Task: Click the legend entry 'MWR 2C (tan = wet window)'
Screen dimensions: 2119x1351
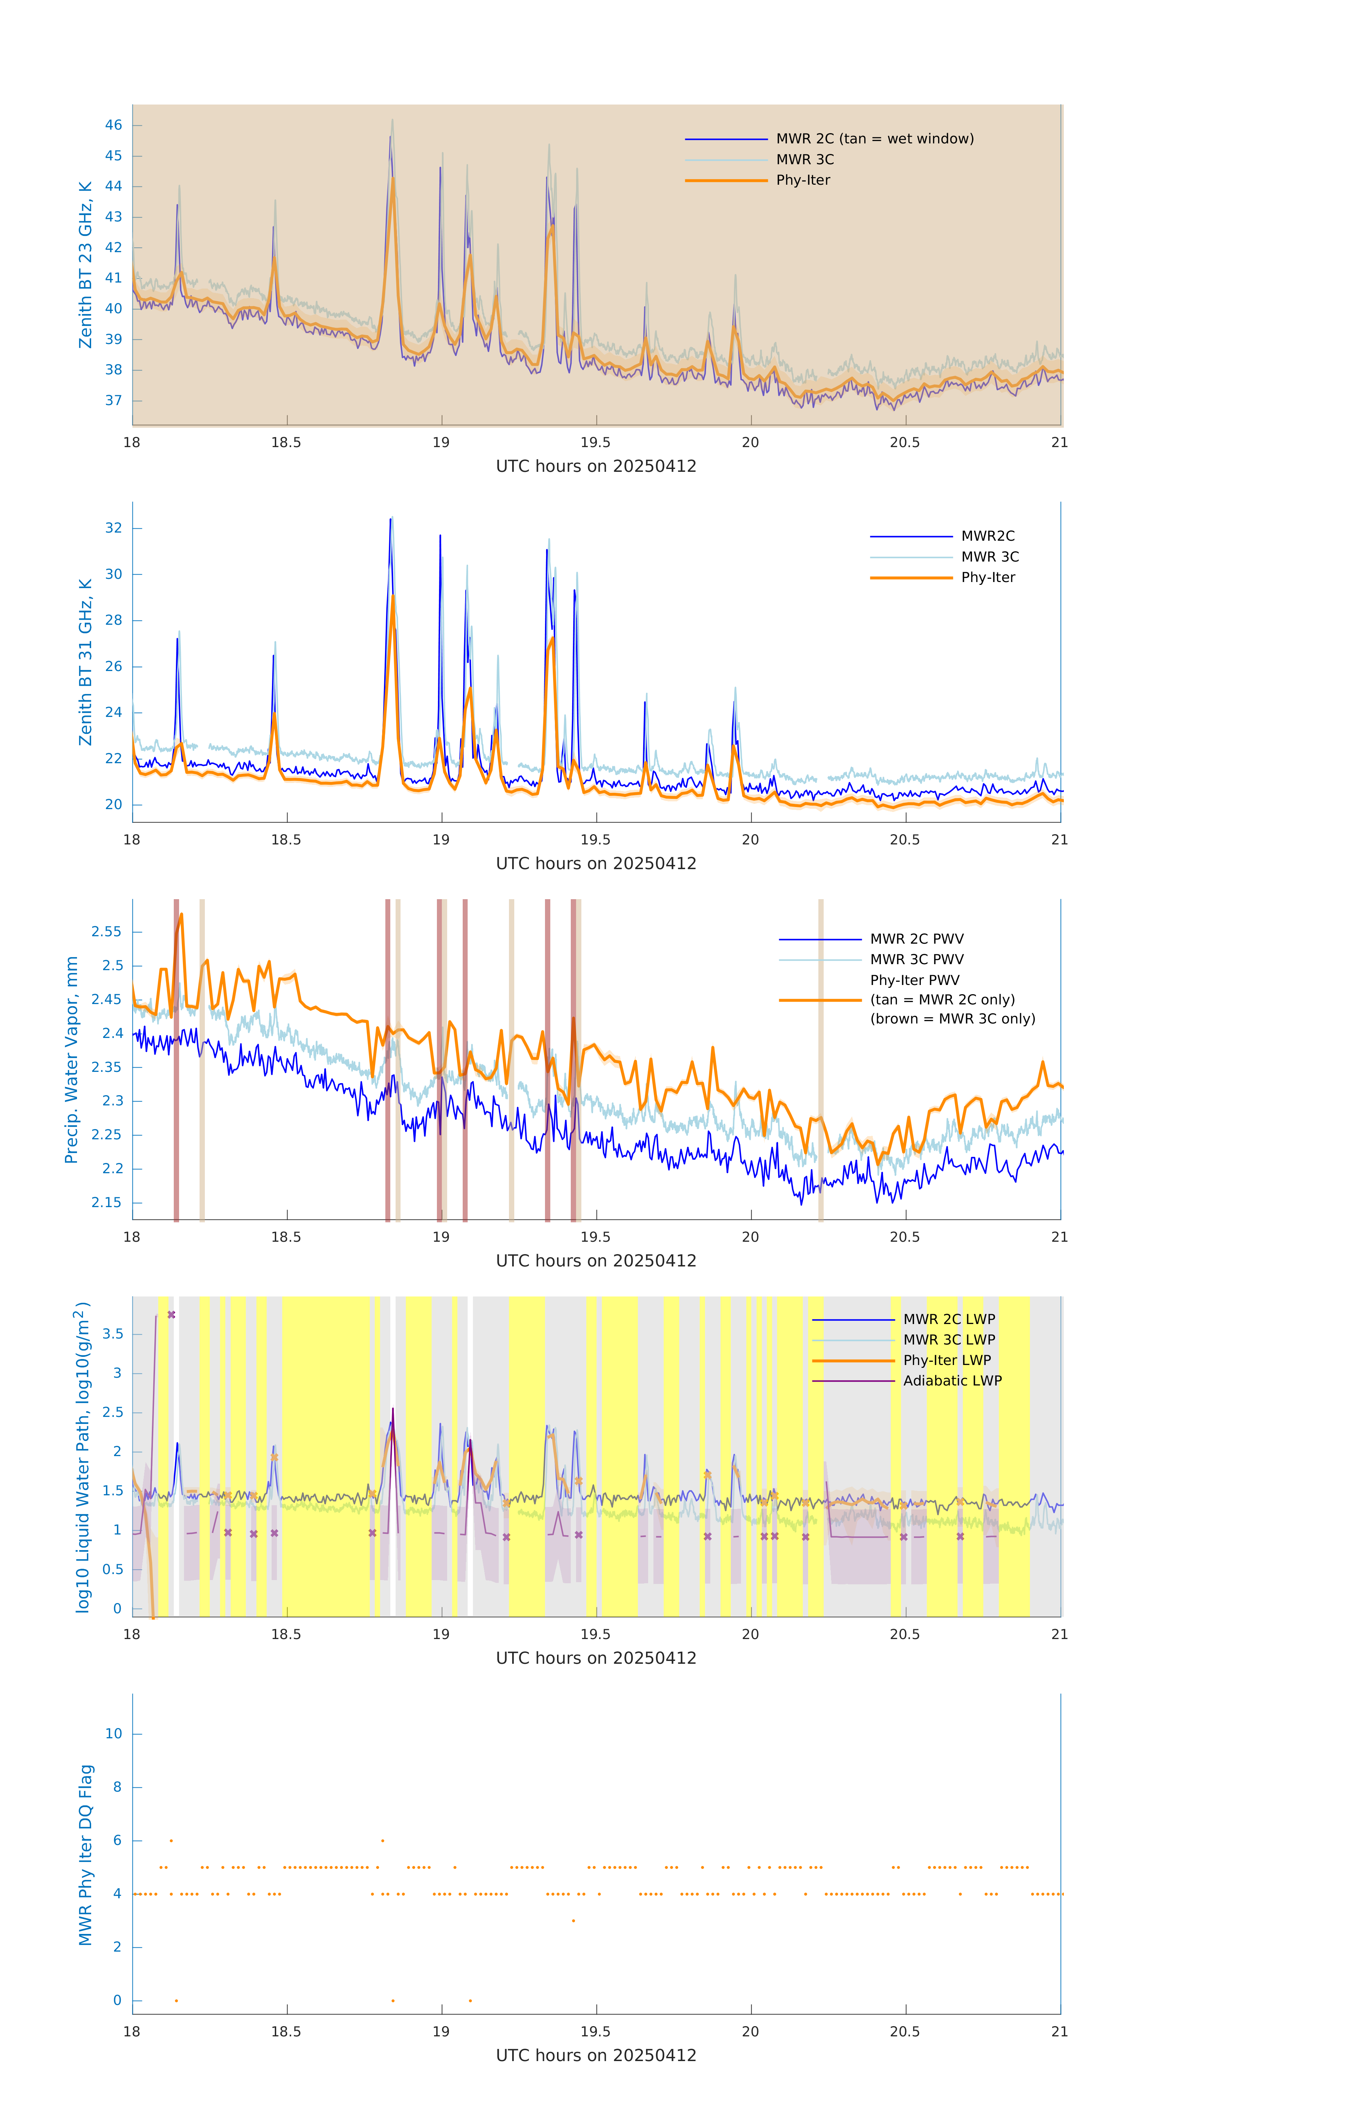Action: coord(874,139)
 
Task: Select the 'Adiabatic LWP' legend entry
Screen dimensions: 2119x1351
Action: coord(952,1381)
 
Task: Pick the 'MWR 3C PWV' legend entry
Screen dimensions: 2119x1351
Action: coord(916,959)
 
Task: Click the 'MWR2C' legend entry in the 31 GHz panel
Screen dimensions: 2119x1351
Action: coord(986,536)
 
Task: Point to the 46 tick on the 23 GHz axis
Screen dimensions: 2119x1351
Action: coord(113,125)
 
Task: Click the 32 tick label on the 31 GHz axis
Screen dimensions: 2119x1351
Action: coord(113,528)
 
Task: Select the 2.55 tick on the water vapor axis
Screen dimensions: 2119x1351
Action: coord(107,931)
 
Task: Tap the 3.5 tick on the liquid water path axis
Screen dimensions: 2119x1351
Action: coord(113,1334)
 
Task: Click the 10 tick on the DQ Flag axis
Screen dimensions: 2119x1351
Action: coord(113,1734)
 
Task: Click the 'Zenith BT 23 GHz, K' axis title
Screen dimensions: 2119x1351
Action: coord(85,265)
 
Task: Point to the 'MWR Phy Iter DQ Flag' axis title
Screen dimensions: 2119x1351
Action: coord(85,1855)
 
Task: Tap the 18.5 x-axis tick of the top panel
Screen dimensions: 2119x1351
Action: coord(286,443)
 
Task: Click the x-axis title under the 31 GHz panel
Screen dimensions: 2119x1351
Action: coord(596,863)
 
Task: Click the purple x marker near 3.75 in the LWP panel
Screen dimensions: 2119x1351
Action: coord(172,1315)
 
